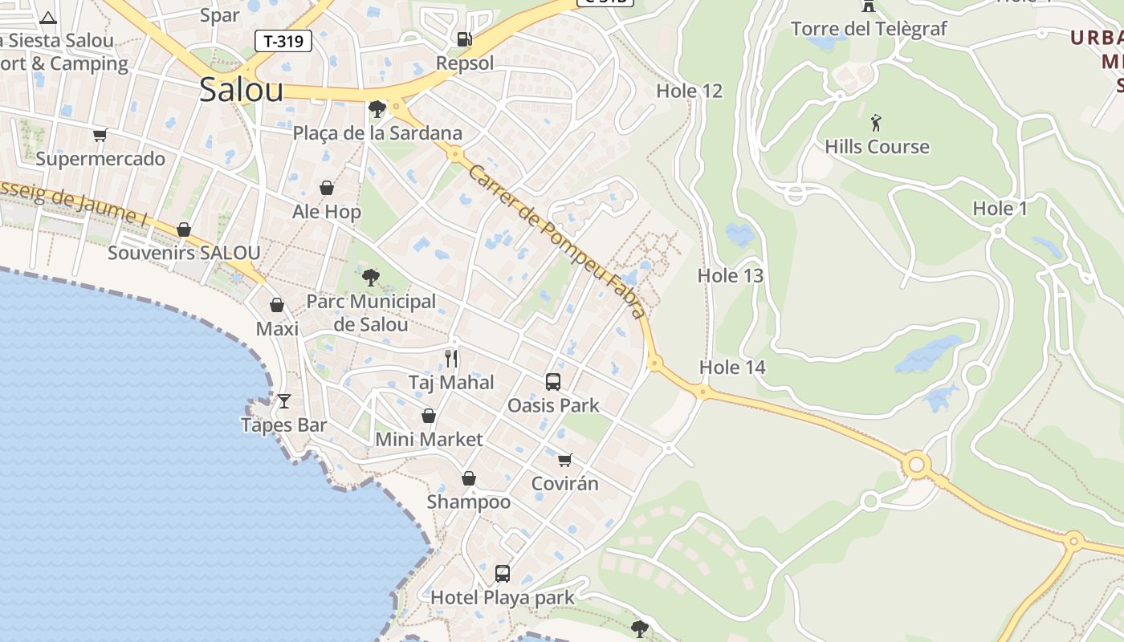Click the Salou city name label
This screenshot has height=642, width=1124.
(241, 89)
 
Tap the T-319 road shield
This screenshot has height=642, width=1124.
(283, 41)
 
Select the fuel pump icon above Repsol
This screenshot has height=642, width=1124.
(464, 39)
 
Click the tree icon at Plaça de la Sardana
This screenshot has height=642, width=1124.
(377, 109)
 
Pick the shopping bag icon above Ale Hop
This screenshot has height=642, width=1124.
(327, 188)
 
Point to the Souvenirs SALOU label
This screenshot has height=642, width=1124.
(184, 253)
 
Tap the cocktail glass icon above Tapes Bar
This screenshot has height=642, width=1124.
(283, 400)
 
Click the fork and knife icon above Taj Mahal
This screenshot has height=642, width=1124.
(451, 358)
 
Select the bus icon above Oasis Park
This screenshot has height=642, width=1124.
(553, 381)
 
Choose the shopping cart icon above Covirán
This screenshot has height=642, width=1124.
(565, 460)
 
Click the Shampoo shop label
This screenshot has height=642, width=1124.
(469, 502)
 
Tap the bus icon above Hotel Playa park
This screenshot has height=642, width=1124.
(503, 574)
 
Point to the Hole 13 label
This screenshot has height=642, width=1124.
(730, 276)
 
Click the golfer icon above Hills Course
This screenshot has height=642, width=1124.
(876, 123)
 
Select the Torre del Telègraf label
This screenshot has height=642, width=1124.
(869, 30)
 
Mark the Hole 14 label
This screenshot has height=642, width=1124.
(732, 368)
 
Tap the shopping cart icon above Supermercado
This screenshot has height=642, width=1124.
(100, 135)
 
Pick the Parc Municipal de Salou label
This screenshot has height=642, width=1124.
(371, 313)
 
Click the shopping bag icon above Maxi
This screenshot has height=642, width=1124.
(277, 305)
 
